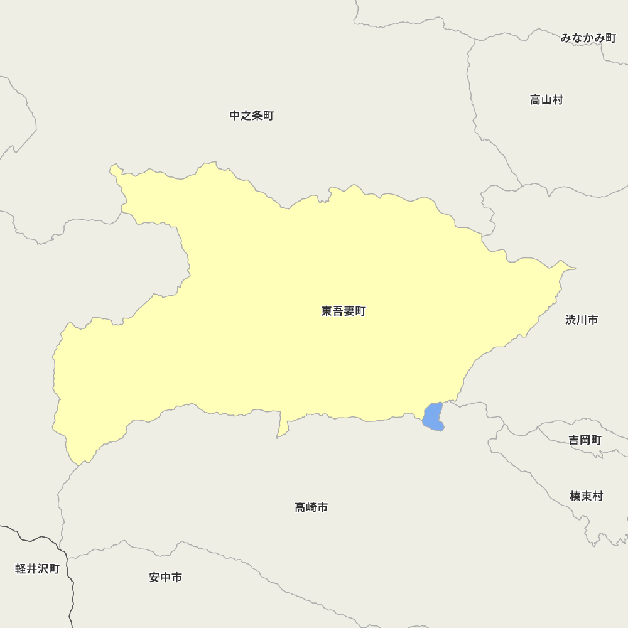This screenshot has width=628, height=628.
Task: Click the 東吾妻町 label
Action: [343, 311]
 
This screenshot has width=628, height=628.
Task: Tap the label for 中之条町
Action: [251, 116]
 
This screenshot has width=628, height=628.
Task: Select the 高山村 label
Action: [546, 100]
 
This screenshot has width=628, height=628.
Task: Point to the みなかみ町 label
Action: [588, 38]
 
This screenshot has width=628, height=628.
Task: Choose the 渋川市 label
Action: [582, 320]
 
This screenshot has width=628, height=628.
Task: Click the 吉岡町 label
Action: [585, 440]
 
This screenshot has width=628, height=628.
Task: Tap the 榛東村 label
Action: [587, 496]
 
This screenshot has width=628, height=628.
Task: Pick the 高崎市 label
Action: [311, 507]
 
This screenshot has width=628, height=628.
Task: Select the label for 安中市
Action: [166, 577]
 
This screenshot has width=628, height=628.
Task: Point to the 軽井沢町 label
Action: [37, 569]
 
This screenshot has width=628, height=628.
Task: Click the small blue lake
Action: [433, 417]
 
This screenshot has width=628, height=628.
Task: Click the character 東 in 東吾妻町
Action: [327, 311]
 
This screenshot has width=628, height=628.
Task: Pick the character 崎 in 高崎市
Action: [311, 507]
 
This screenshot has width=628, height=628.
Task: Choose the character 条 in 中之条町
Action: [257, 116]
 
